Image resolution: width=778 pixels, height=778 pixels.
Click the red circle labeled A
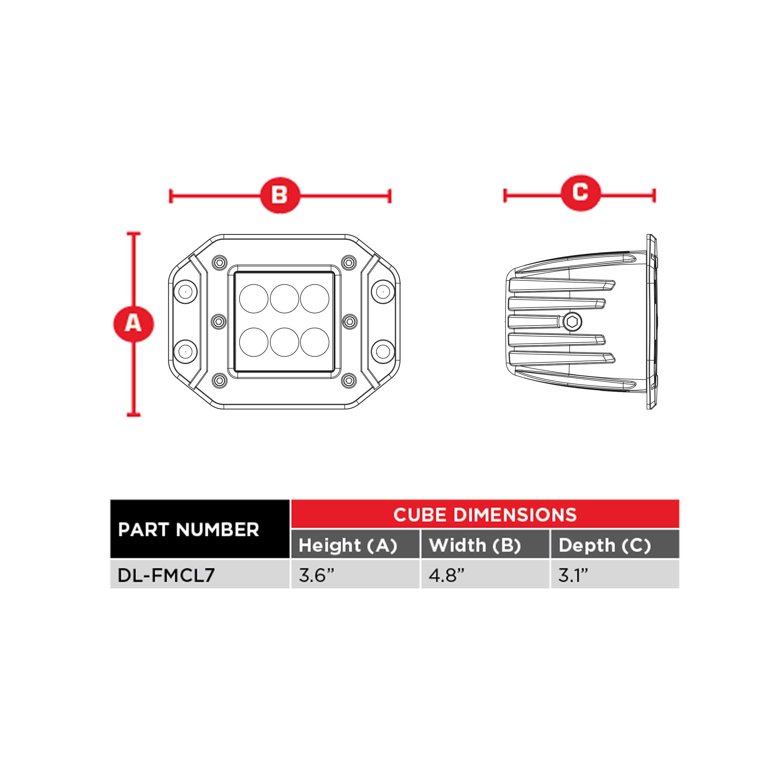click(133, 323)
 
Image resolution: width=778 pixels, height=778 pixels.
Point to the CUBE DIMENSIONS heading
click(485, 515)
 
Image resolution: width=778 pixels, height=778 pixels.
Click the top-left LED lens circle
click(254, 298)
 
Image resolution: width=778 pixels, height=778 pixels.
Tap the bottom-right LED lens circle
click(315, 342)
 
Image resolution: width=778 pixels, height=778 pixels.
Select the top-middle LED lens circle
click(284, 298)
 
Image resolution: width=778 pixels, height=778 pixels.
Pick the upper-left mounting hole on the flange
click(185, 291)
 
